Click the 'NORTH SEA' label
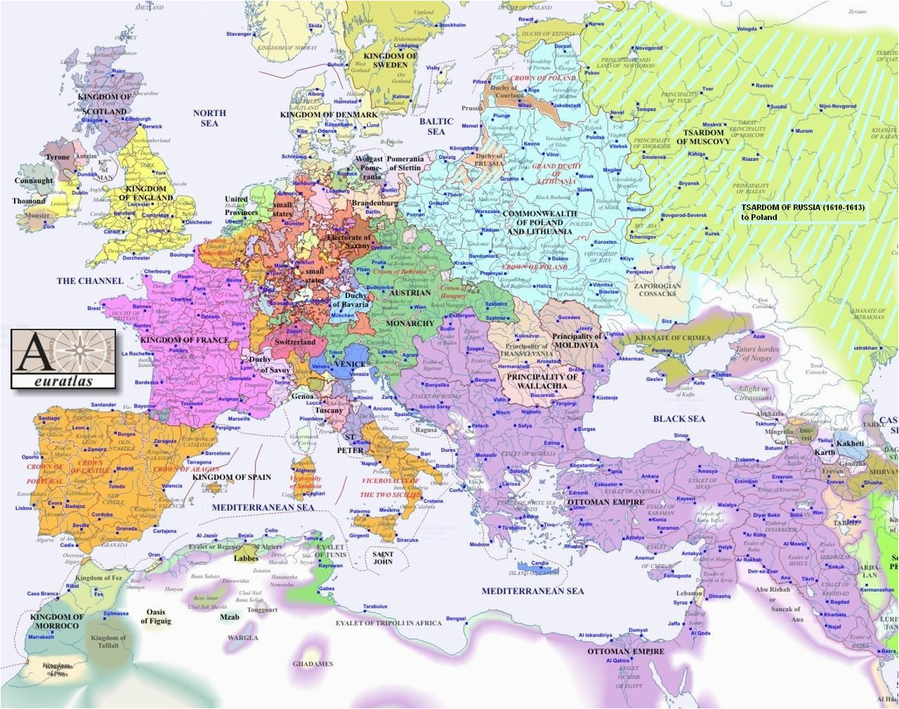[x=209, y=118]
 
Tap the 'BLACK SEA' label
[x=678, y=419]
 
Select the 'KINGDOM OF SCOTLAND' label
[x=105, y=103]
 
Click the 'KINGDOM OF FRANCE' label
[x=184, y=340]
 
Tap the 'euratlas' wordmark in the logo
[x=63, y=379]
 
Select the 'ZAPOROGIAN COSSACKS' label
[x=657, y=290]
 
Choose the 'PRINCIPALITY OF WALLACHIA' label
[x=542, y=381]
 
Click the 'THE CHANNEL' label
[x=90, y=281]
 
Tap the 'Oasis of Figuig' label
[x=155, y=616]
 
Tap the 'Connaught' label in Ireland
[x=33, y=181]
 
